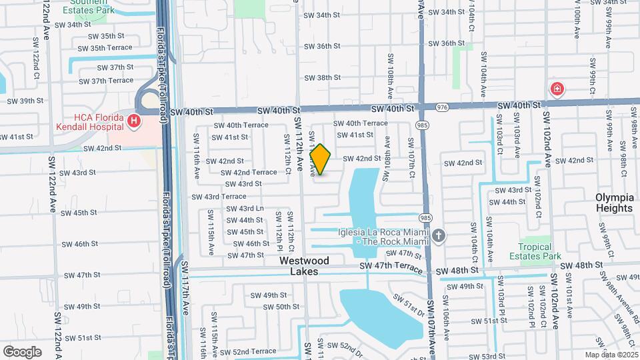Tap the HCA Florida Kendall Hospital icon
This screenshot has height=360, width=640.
click(135, 121)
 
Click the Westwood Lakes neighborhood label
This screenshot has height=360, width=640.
click(304, 266)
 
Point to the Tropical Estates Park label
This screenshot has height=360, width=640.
click(535, 250)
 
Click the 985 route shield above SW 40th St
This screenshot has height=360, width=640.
click(421, 124)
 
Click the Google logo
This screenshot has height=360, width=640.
click(22, 351)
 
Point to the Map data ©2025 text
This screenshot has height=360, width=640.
click(612, 355)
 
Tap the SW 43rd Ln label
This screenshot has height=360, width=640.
click(245, 209)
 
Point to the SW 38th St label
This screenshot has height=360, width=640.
click(322, 78)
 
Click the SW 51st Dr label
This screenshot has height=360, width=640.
click(408, 304)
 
